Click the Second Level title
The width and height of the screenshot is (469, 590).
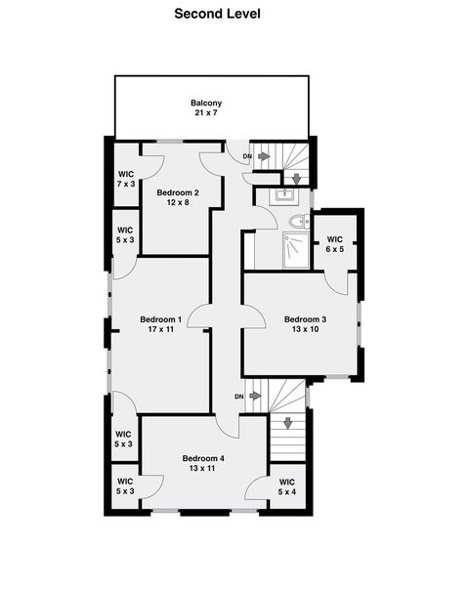(x=217, y=14)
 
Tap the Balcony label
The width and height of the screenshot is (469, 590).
(x=206, y=103)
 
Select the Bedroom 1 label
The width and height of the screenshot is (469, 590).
(x=160, y=319)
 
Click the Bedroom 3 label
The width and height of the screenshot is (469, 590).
(x=305, y=319)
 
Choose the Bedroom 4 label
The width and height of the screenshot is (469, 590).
(x=203, y=458)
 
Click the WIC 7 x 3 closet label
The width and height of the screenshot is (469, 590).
(x=125, y=179)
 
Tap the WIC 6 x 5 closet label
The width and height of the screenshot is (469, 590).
(x=334, y=244)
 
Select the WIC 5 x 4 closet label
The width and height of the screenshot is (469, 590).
(x=287, y=486)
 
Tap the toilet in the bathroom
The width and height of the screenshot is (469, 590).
(x=300, y=223)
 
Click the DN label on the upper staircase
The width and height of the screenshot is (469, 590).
(x=247, y=156)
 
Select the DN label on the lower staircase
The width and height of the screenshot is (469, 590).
(x=238, y=396)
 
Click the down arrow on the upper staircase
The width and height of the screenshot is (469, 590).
(x=296, y=180)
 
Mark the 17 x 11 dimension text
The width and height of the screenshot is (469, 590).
(x=160, y=330)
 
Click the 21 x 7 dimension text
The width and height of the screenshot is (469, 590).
(x=206, y=113)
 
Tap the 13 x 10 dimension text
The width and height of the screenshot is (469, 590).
(x=305, y=330)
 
